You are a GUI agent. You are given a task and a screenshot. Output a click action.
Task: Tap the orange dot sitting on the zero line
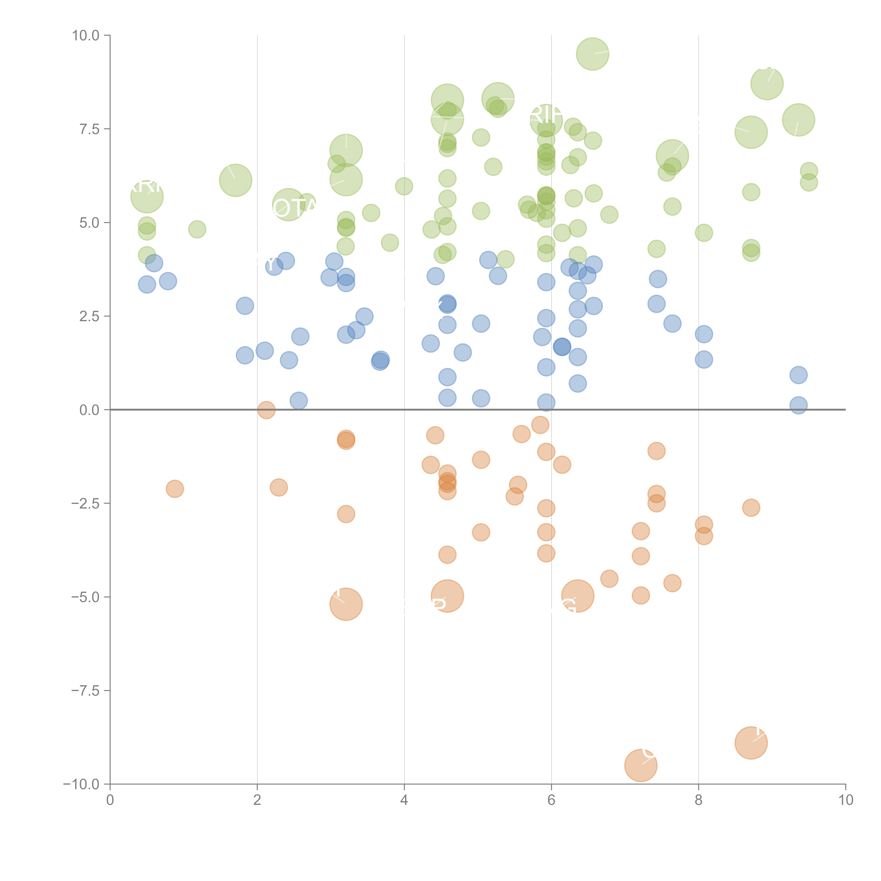tap(266, 410)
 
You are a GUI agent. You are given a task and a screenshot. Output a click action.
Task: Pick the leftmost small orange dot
tap(175, 489)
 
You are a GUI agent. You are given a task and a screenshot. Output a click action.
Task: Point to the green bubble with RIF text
tap(546, 120)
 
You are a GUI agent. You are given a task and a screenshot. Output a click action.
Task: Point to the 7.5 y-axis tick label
tap(89, 129)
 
